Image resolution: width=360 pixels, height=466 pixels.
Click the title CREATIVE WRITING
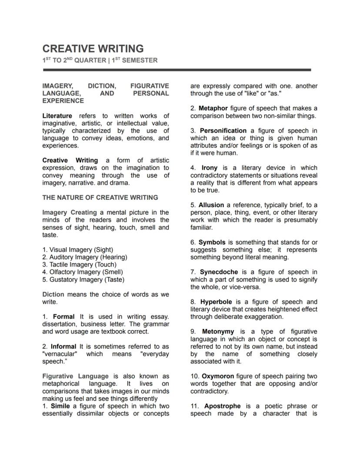coord(93,48)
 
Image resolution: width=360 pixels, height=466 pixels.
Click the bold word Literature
coord(57,116)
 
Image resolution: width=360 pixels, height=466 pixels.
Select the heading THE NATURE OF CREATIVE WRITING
coord(100,198)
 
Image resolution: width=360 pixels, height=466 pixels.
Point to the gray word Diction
coord(53,295)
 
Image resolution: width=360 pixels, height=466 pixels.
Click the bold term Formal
coord(63,317)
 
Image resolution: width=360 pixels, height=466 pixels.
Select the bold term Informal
coord(63,347)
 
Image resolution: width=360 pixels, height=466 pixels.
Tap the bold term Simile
coord(60,406)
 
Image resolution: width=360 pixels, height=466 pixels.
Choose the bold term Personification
coord(223,131)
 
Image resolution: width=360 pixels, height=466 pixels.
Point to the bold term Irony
coord(210,168)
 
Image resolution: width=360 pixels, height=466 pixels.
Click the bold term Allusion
coord(211,205)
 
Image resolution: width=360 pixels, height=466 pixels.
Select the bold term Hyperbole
coord(216,302)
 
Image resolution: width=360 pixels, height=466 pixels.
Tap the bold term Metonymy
coord(218,332)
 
